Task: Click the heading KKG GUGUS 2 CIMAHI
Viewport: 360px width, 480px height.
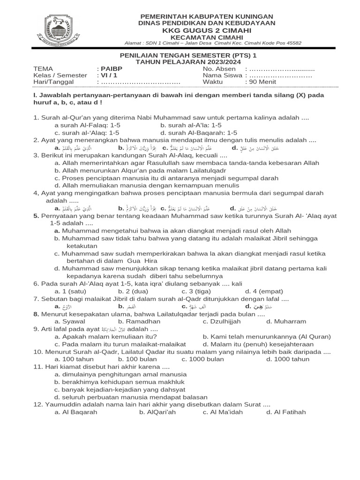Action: click(x=207, y=30)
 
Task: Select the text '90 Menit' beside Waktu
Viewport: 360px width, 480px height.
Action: click(x=261, y=82)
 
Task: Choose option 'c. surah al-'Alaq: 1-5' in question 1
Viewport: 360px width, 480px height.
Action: click(x=87, y=133)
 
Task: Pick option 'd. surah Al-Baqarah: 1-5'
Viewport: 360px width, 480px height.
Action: click(x=199, y=133)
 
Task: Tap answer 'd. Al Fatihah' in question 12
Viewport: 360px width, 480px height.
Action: click(x=286, y=412)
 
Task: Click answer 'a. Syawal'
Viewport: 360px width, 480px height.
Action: click(x=70, y=321)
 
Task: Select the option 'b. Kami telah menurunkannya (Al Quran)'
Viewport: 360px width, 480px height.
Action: click(x=267, y=336)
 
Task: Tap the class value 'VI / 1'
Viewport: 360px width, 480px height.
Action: click(x=107, y=75)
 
